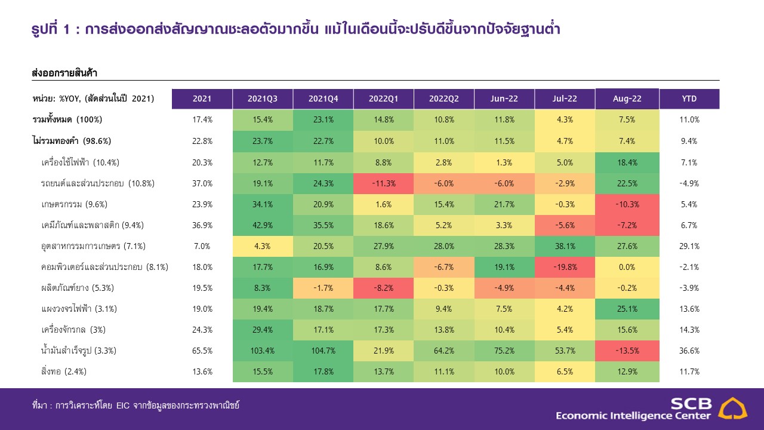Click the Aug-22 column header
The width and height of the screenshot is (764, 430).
tap(627, 99)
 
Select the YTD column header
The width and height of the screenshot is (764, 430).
tap(689, 99)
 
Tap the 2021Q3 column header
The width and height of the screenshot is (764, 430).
tap(263, 99)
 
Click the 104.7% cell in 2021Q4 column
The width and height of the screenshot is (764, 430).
tap(323, 351)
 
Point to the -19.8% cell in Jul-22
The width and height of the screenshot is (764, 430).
tap(565, 267)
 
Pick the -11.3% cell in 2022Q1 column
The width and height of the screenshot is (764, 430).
tap(383, 183)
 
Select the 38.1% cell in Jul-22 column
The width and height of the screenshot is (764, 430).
tap(565, 246)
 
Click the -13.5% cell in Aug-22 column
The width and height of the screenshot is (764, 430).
tap(627, 351)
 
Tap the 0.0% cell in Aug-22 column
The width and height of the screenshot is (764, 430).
tap(627, 267)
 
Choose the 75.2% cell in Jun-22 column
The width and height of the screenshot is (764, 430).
tap(504, 351)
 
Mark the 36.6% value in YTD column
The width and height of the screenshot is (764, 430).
tap(689, 351)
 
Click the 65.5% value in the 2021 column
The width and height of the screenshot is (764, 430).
tap(202, 351)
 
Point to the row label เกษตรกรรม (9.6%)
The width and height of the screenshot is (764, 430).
tap(75, 204)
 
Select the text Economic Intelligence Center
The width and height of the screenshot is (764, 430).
tap(633, 416)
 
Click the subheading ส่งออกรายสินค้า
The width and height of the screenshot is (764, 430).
tap(64, 73)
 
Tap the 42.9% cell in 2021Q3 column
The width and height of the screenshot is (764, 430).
tap(263, 225)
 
